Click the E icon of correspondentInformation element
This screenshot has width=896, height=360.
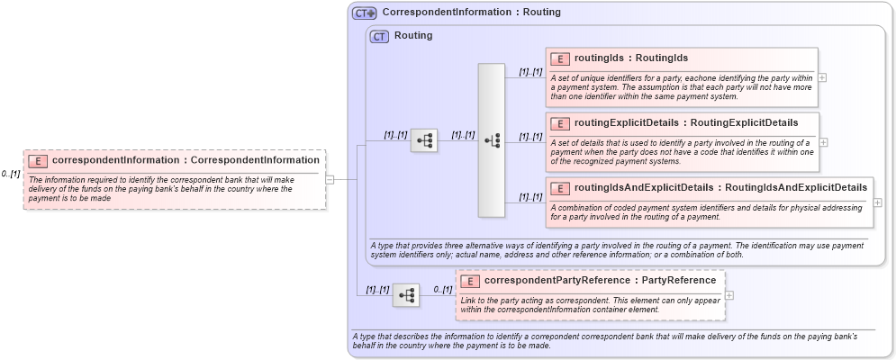tap(38, 161)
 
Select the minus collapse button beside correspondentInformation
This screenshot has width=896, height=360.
tap(330, 179)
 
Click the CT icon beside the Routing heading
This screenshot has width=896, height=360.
tap(379, 36)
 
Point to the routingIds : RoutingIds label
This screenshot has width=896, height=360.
tap(630, 58)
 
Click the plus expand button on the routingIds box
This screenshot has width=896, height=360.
tap(822, 77)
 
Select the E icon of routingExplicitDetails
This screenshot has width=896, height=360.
tap(559, 123)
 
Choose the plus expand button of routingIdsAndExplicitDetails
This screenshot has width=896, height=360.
tap(878, 202)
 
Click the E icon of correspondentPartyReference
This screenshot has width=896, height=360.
tap(470, 281)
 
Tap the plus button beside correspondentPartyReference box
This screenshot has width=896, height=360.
tap(729, 295)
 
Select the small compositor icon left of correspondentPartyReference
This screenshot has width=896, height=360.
tap(406, 295)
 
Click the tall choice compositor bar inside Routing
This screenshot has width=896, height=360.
tap(492, 139)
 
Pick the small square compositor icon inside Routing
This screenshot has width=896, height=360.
tap(424, 139)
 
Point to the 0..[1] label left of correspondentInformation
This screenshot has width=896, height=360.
tap(11, 174)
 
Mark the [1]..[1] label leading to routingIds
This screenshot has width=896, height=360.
tap(530, 72)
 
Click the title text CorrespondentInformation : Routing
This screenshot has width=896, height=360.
tap(471, 13)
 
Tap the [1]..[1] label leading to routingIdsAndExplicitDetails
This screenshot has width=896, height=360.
tap(530, 197)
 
